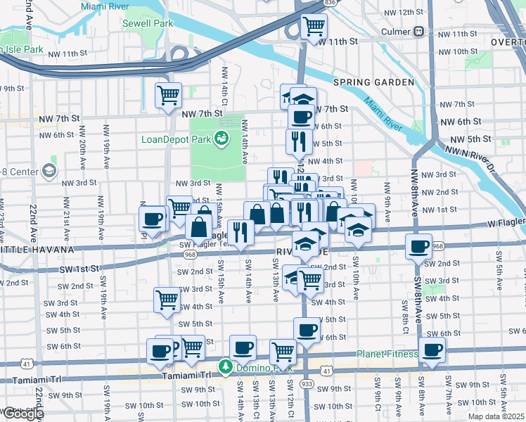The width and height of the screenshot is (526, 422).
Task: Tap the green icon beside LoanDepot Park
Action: [222, 139]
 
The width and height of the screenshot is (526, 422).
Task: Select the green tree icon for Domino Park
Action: [225, 366]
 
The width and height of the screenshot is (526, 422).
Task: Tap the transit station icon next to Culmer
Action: [418, 32]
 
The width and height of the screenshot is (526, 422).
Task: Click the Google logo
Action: [23, 413]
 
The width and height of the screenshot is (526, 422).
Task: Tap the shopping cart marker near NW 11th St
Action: [314, 27]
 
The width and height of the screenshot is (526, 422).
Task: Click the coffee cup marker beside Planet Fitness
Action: [432, 350]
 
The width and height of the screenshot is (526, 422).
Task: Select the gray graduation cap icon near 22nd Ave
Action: [48, 170]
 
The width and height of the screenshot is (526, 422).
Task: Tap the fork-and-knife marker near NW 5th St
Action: [299, 141]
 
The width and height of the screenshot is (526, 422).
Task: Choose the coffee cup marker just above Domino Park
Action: [243, 347]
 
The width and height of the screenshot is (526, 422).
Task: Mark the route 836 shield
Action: [329, 4]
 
